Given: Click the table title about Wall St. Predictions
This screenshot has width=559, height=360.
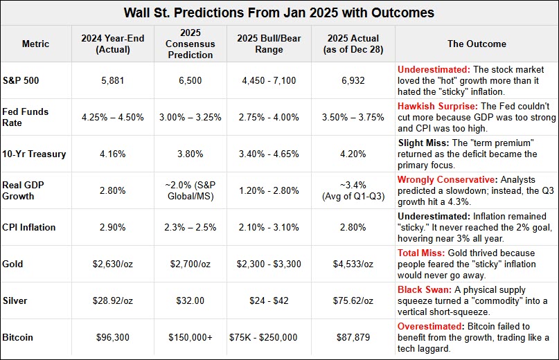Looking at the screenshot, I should click(279, 13).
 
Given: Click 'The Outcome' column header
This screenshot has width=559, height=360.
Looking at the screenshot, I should click(477, 44).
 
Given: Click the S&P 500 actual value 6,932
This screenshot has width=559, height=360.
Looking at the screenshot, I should click(353, 80).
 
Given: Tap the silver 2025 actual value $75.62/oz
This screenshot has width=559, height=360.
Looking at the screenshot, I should click(353, 300).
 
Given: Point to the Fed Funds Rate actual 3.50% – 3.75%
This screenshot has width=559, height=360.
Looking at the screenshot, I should click(353, 117).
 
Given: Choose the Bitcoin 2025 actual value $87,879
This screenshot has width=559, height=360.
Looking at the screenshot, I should click(353, 337).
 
